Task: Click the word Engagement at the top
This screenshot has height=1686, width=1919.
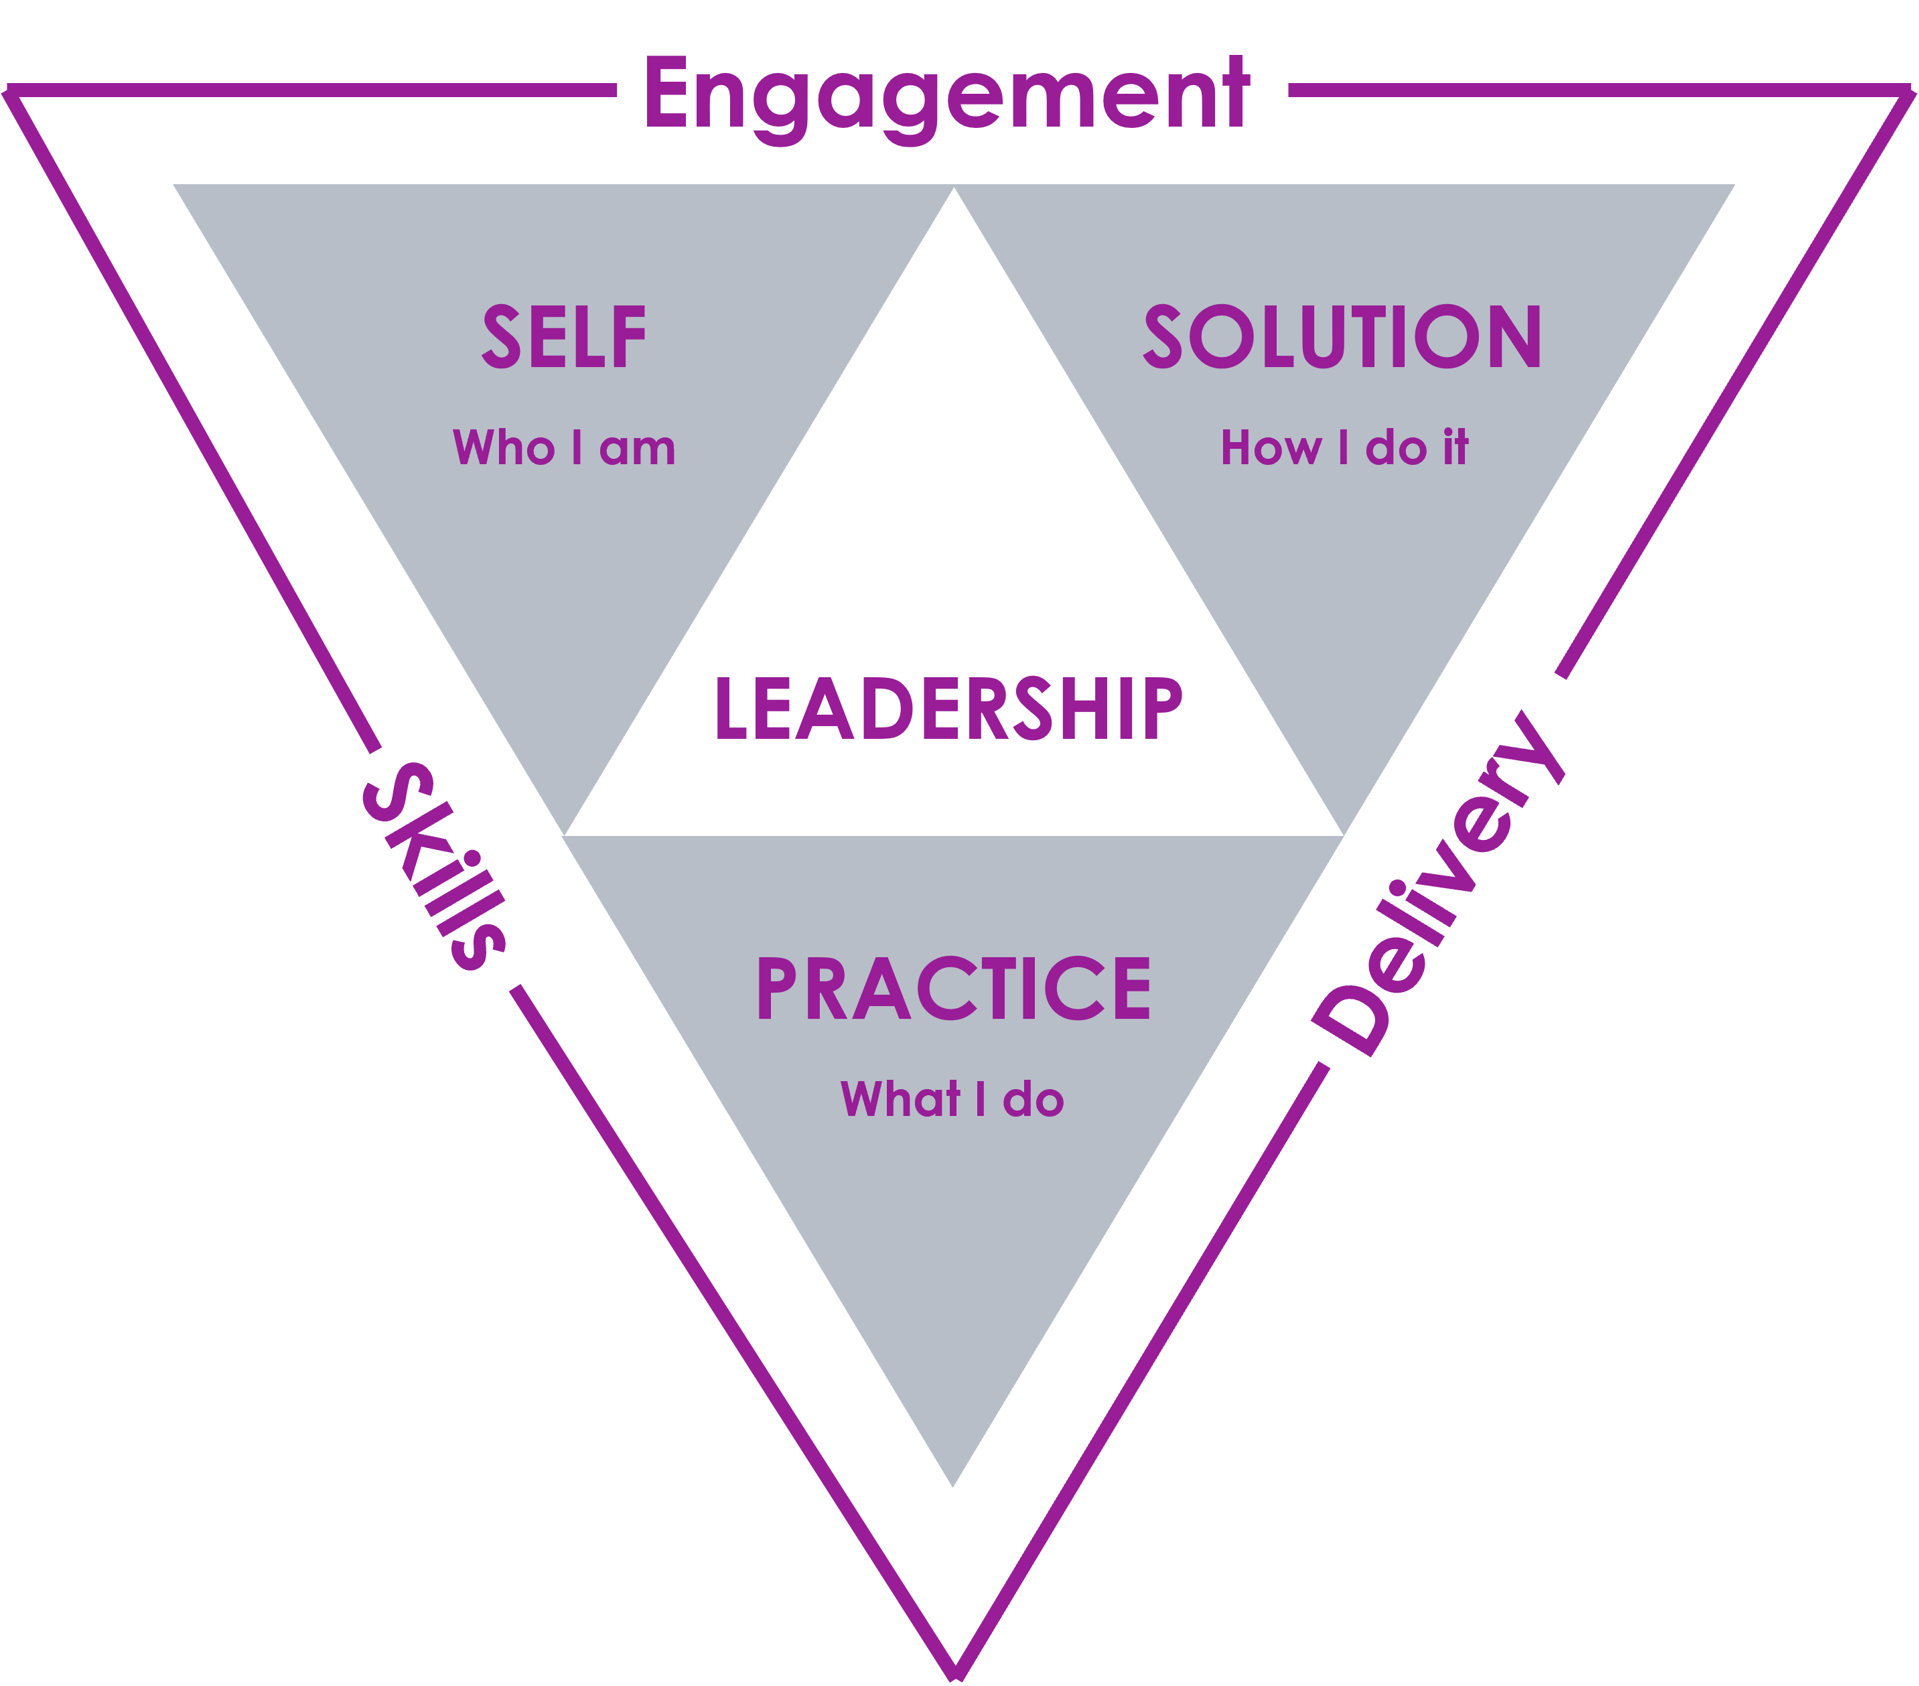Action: click(x=946, y=96)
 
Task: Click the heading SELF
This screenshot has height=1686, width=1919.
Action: click(x=564, y=337)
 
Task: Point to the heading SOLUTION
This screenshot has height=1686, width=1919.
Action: click(x=1342, y=337)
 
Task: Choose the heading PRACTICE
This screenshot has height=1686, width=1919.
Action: click(x=954, y=989)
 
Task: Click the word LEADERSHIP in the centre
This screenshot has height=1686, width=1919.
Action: click(x=948, y=709)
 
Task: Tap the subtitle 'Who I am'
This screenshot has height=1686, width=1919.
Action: click(x=564, y=447)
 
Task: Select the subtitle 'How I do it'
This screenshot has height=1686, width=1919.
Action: click(x=1344, y=447)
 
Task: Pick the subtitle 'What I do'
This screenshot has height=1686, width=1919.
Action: click(x=952, y=1099)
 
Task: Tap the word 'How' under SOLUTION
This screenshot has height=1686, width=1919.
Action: click(x=1270, y=447)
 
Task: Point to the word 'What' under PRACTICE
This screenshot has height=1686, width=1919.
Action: click(x=902, y=1099)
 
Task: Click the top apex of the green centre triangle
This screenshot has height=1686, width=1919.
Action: click(x=954, y=190)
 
